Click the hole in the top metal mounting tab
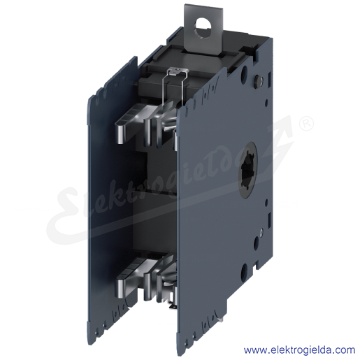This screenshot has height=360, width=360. pyautogui.click(x=203, y=29)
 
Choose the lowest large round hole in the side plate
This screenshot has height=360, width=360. pyautogui.click(x=244, y=271)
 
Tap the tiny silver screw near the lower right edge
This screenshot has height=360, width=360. pyautogui.click(x=261, y=231)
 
